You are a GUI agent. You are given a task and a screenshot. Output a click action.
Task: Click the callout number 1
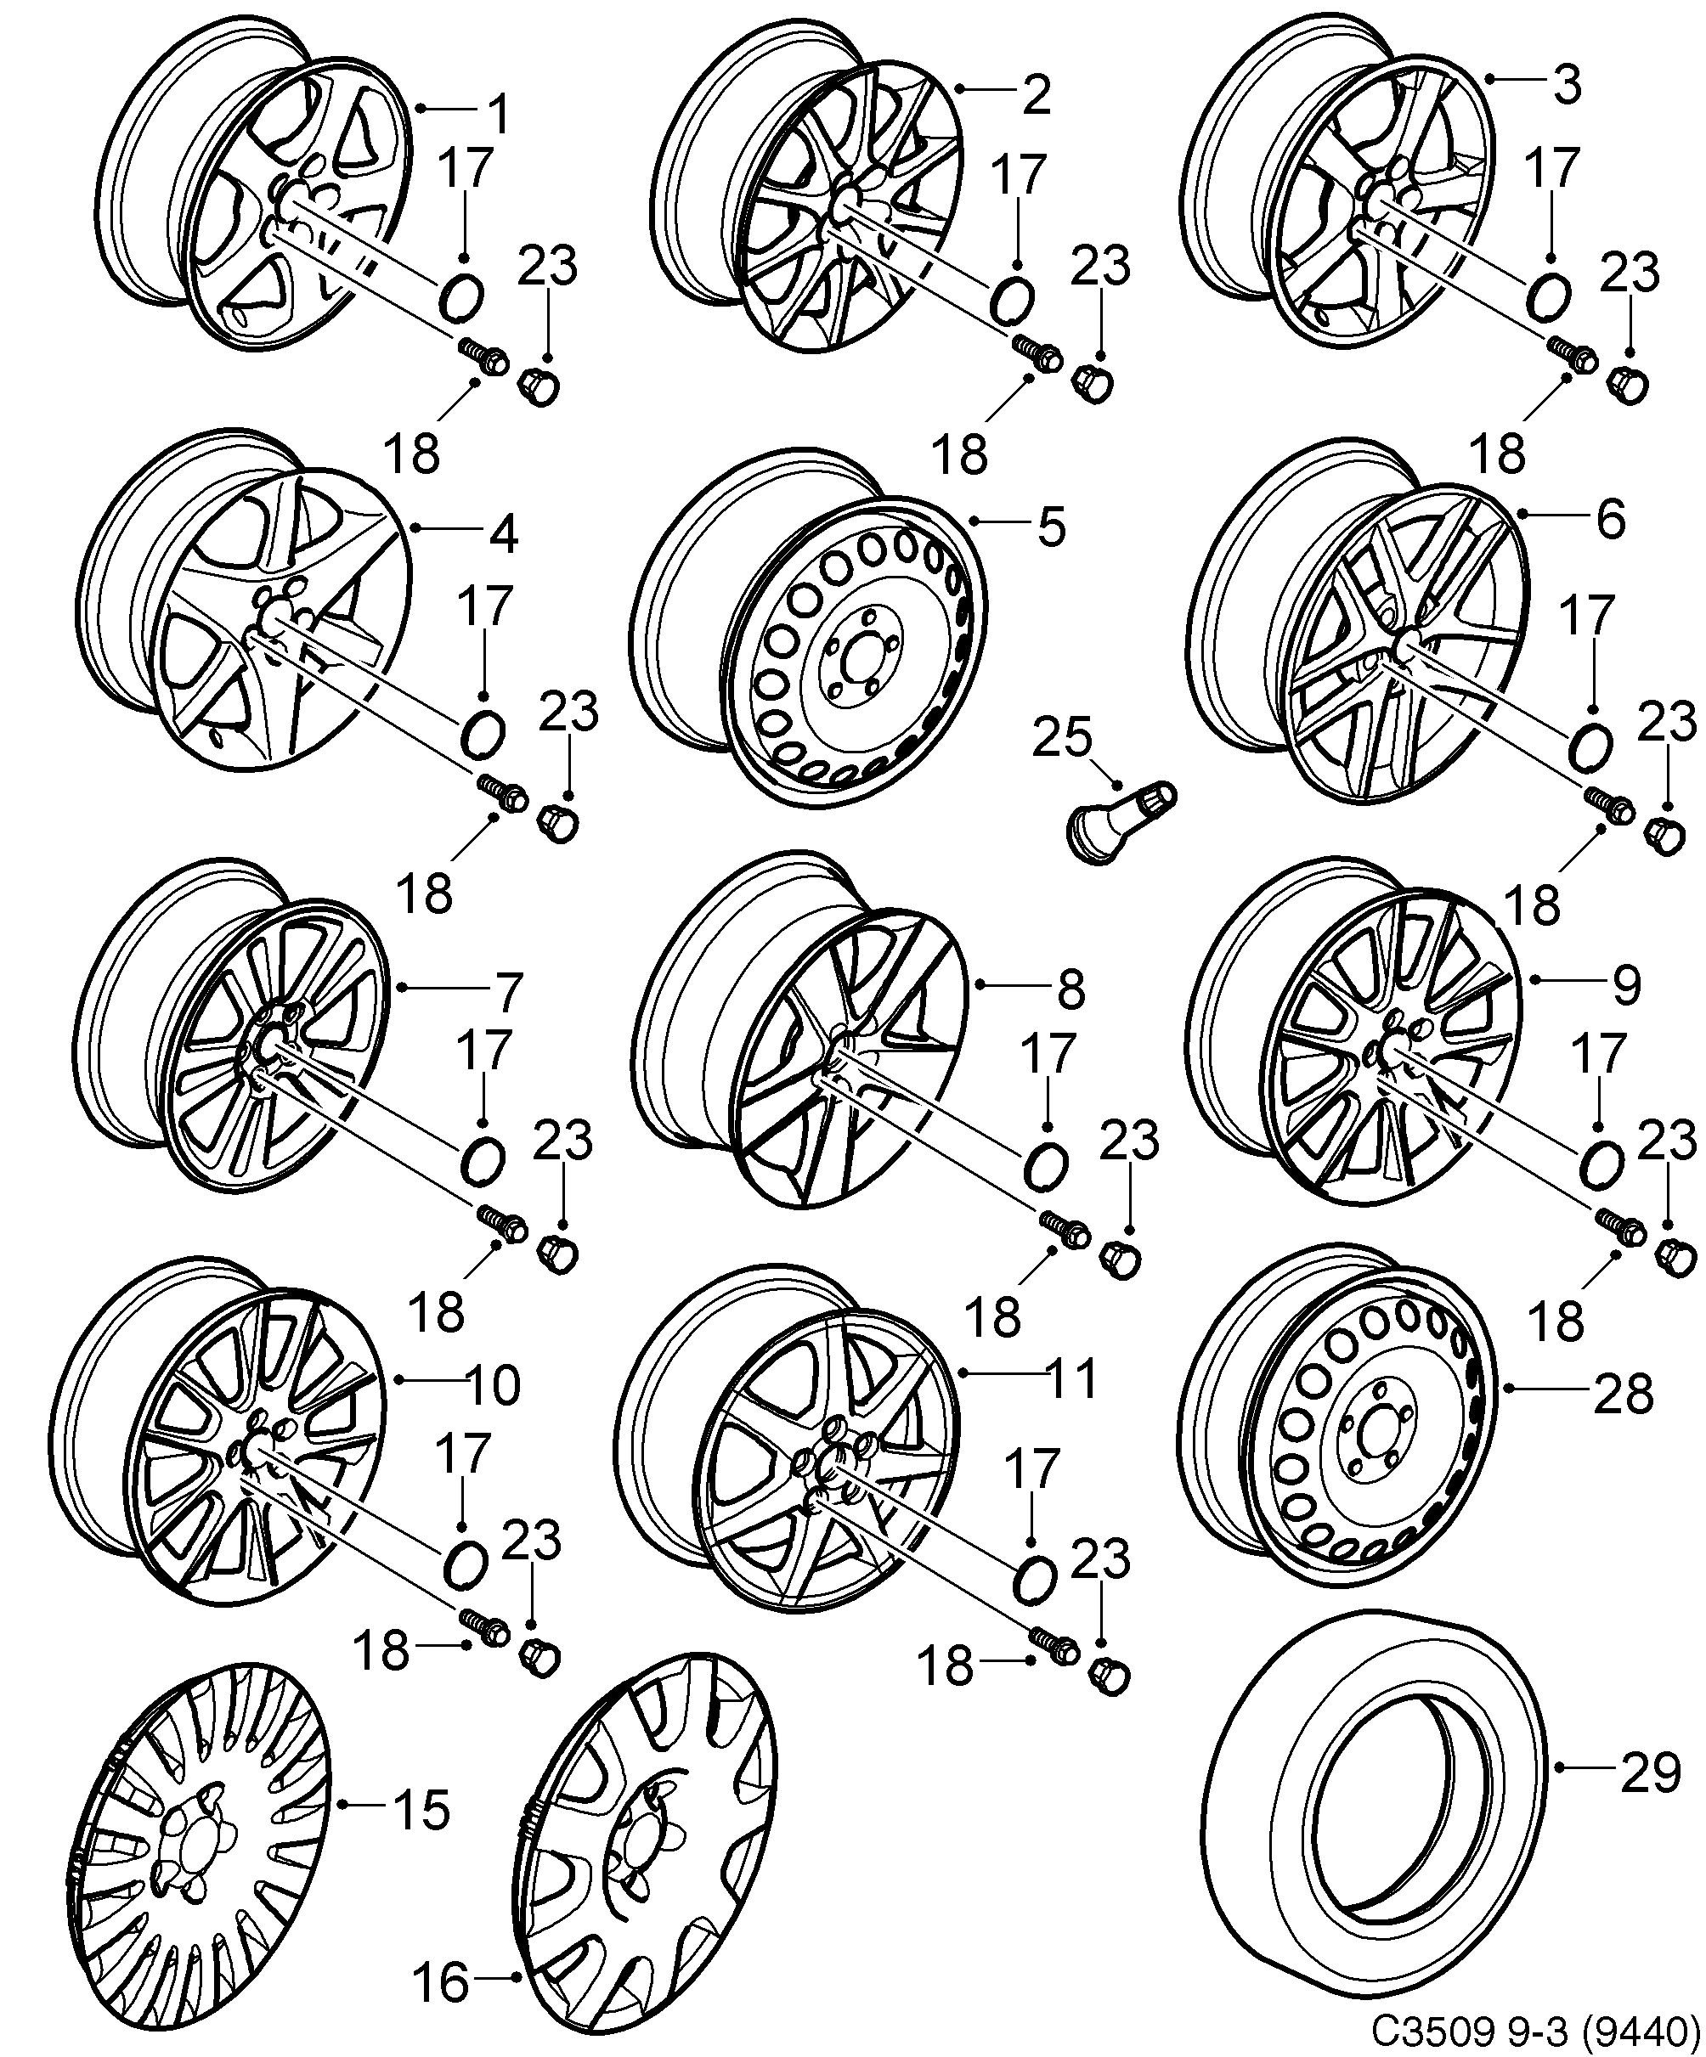point(500,116)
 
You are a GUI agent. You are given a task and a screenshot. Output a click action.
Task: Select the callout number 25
point(1062,739)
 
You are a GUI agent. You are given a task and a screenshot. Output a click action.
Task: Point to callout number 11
point(1072,1379)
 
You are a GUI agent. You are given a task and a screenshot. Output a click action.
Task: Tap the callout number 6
point(1611,520)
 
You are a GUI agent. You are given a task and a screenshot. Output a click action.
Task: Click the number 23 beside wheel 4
point(569,712)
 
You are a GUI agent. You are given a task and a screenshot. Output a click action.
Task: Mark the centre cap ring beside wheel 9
point(1602,1164)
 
